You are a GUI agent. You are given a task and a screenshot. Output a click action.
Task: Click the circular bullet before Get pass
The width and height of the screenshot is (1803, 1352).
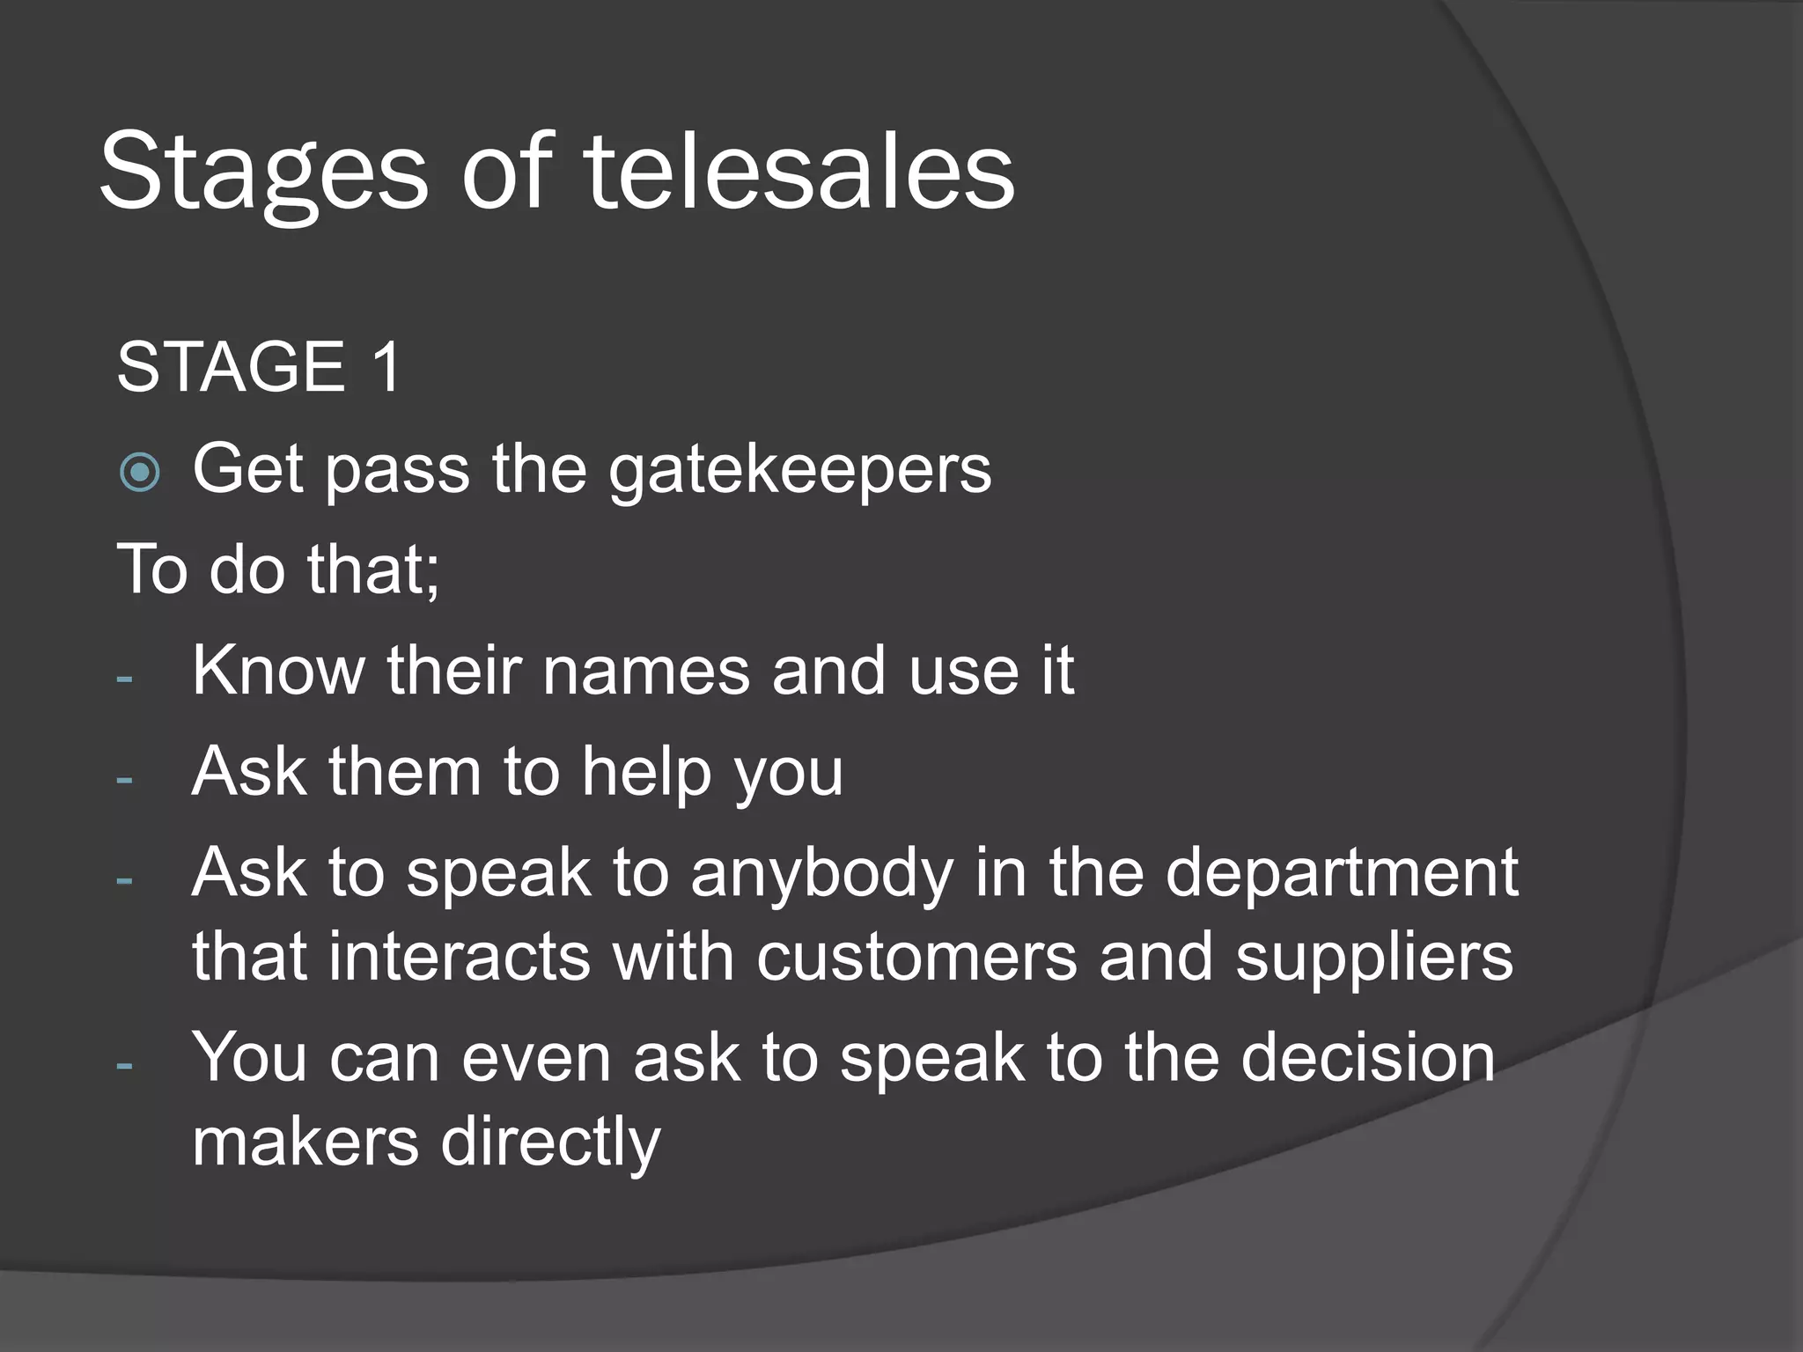pyautogui.click(x=140, y=472)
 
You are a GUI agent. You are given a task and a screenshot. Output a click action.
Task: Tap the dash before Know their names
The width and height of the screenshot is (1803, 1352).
pyautogui.click(x=124, y=679)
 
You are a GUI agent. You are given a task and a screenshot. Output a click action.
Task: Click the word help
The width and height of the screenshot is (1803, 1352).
pyautogui.click(x=646, y=772)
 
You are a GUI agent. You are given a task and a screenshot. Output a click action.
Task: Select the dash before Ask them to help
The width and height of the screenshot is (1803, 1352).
pyautogui.click(x=124, y=779)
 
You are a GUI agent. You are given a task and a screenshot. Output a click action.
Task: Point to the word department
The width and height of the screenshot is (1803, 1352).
pyautogui.click(x=1342, y=875)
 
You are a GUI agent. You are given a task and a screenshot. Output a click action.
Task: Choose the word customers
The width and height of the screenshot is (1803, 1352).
pyautogui.click(x=916, y=957)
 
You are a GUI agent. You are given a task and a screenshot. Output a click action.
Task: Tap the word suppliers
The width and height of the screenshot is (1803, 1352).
pyautogui.click(x=1373, y=959)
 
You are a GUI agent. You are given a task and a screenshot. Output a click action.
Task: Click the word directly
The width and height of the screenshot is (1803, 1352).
pyautogui.click(x=550, y=1143)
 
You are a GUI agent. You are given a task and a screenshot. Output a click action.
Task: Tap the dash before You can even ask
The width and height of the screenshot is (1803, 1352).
pyautogui.click(x=124, y=1066)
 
